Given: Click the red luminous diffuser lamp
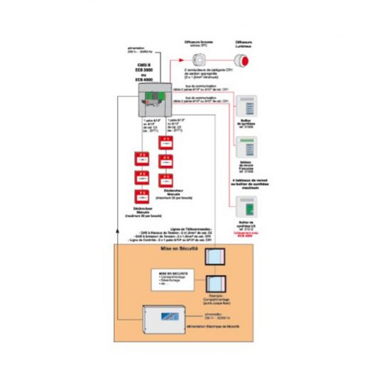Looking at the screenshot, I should [x=244, y=61].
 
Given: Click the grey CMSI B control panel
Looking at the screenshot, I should [x=154, y=99].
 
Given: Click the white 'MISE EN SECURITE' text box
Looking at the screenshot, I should [x=172, y=280].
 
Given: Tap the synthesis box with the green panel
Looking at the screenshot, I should [x=247, y=207].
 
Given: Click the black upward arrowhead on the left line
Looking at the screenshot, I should [x=118, y=231].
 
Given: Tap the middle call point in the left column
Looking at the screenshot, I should [x=142, y=177].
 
